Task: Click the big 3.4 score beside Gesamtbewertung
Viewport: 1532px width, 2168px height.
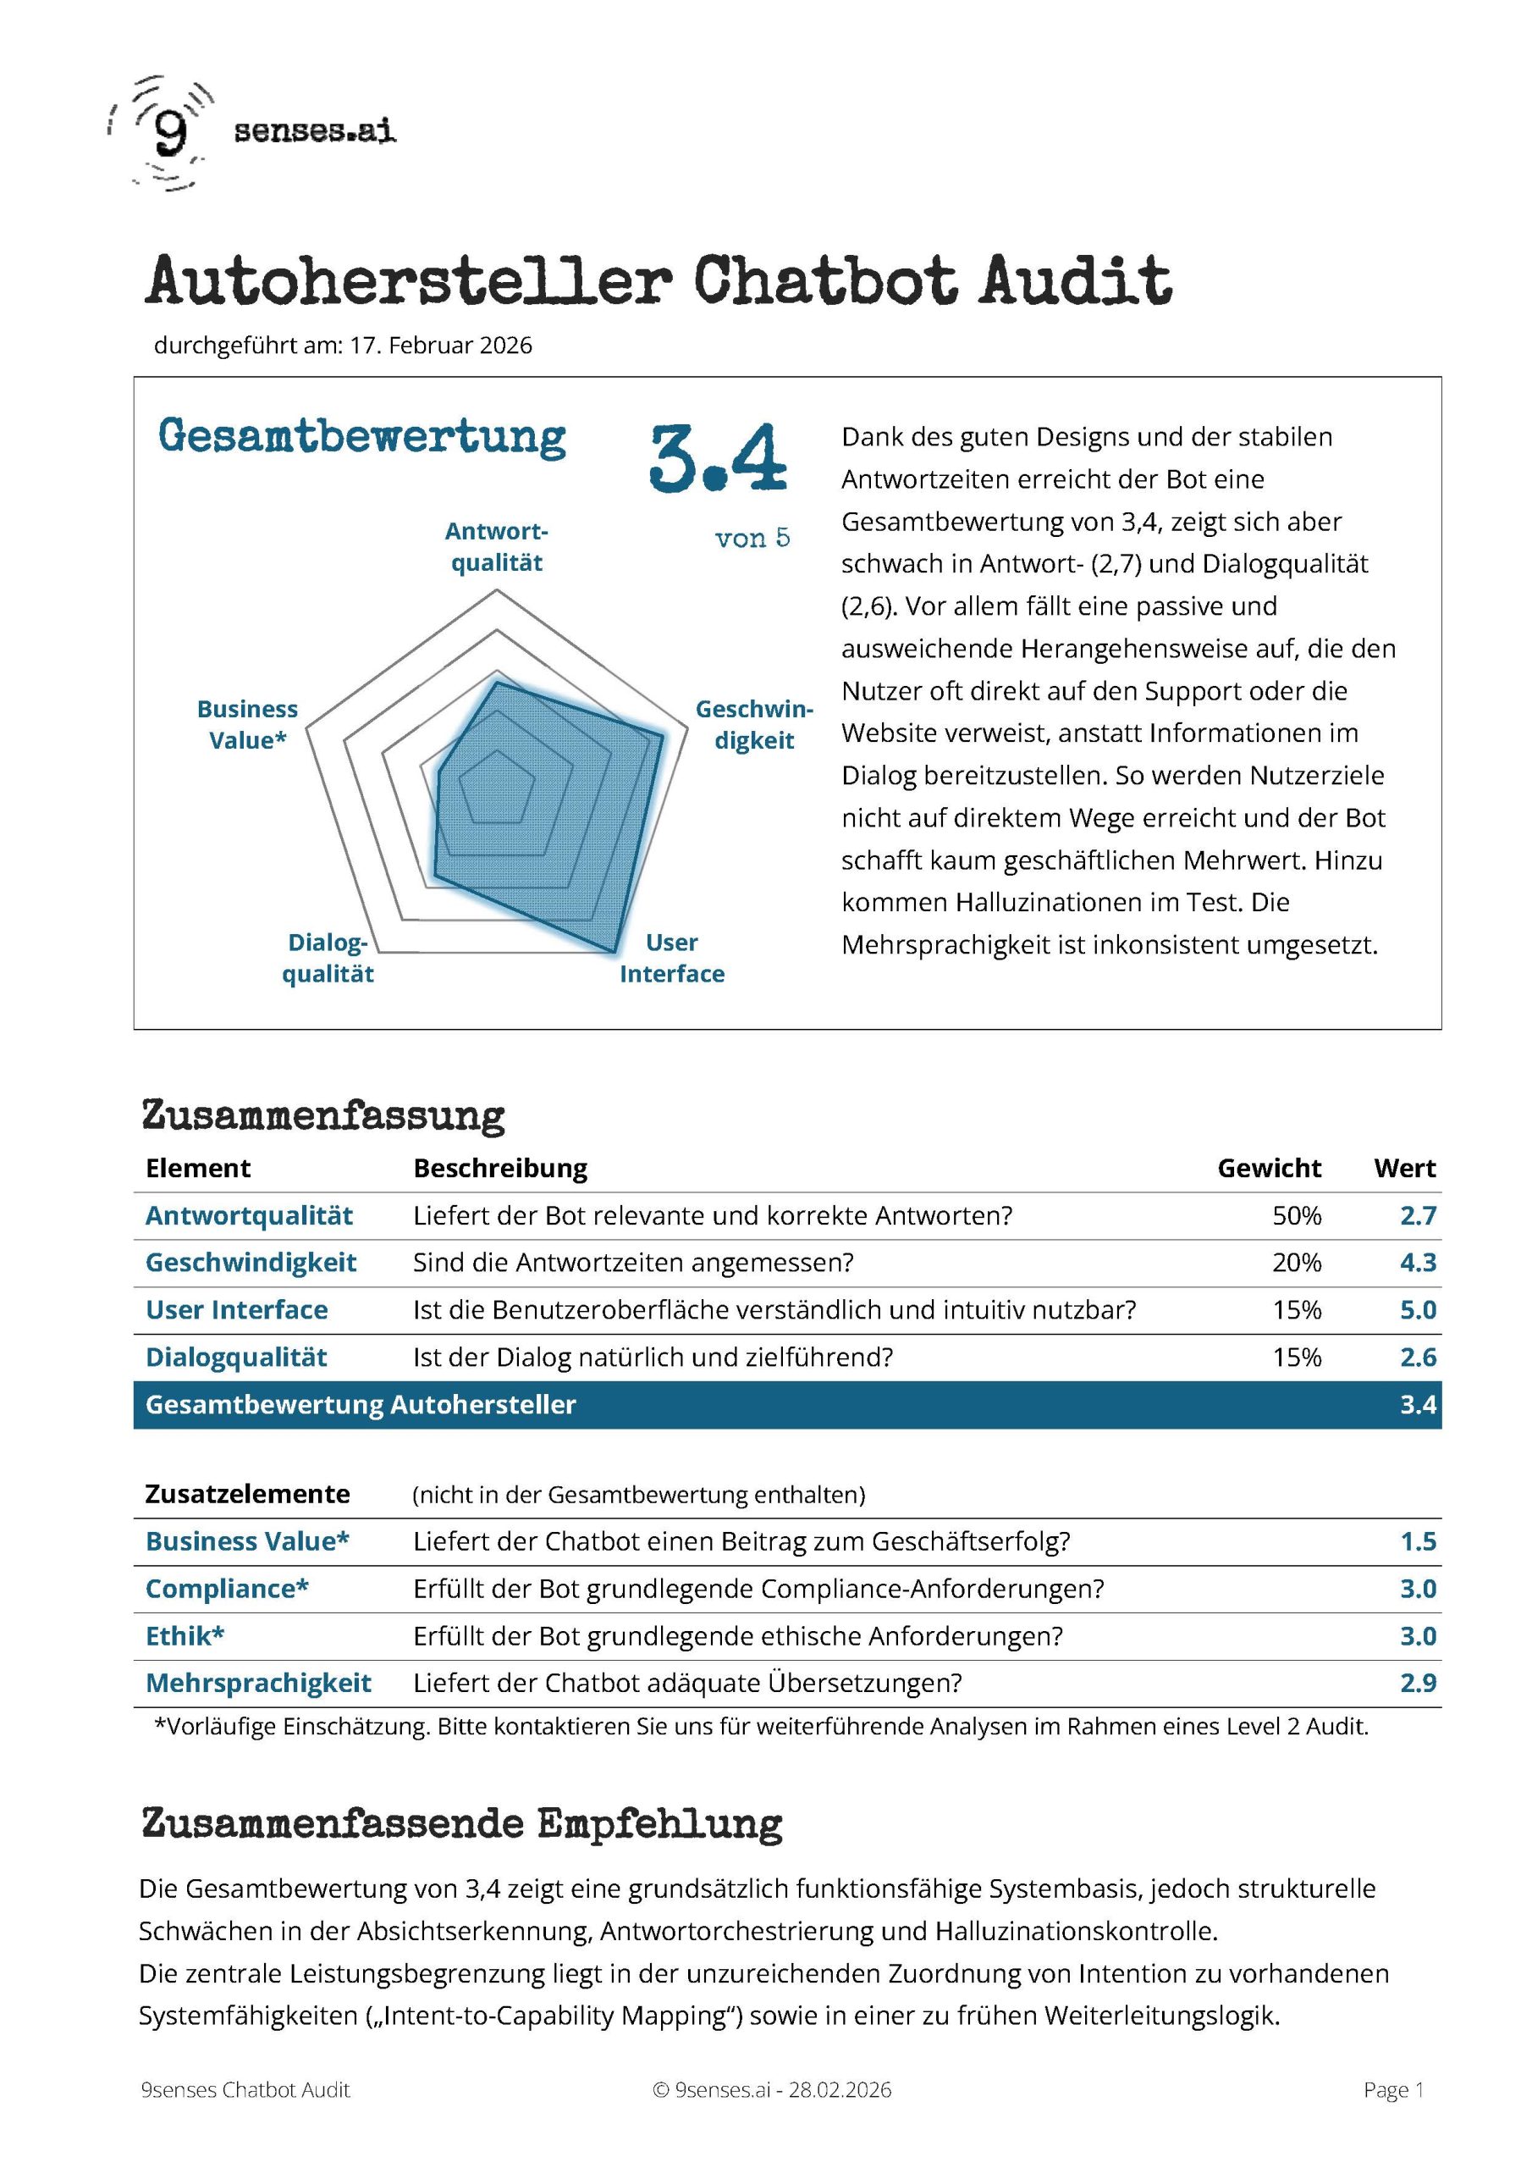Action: tap(718, 459)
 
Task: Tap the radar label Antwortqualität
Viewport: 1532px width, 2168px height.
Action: tap(497, 547)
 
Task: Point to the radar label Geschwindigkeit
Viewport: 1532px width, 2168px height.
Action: tap(753, 724)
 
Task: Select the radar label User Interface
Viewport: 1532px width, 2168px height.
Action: tap(672, 958)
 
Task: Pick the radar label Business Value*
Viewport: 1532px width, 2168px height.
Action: tap(247, 724)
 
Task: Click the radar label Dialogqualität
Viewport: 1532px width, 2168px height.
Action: tap(328, 958)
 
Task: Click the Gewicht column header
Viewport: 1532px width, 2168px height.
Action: tap(1269, 1168)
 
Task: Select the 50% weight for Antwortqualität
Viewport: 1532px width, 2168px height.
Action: tap(1296, 1215)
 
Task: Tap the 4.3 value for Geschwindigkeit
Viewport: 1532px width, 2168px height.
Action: tap(1417, 1263)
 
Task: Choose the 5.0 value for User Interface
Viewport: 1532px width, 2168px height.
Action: tap(1417, 1309)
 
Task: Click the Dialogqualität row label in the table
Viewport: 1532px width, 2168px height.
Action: tap(236, 1357)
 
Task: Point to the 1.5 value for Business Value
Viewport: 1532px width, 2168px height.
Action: tap(1417, 1541)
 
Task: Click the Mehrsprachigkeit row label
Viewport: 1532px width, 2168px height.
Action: tap(257, 1683)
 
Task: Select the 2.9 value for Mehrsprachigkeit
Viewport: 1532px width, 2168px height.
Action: tap(1417, 1683)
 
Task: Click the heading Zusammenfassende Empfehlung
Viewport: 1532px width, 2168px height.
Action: tap(461, 1823)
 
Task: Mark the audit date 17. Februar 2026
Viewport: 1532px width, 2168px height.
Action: tap(441, 346)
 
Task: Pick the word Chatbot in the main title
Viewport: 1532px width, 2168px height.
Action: tap(825, 280)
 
